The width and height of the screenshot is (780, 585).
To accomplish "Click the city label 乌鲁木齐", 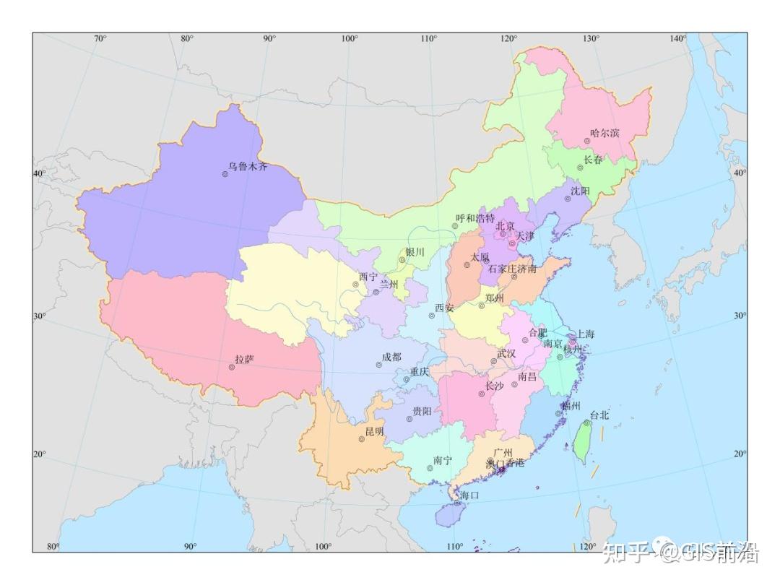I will coord(248,167).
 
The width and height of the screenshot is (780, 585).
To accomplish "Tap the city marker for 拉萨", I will coord(232,367).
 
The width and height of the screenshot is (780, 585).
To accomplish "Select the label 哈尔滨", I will coord(604,133).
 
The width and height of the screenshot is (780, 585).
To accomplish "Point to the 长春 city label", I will coord(593,160).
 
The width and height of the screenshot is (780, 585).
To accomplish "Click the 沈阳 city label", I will coord(580,191).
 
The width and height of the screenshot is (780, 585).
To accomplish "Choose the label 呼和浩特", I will coord(475,218).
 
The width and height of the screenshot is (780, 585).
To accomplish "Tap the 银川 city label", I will coord(415,252).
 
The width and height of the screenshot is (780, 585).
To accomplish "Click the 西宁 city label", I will coord(368,277).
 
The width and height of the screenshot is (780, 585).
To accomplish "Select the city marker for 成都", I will coord(378,365).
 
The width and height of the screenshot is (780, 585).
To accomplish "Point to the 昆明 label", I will coord(374,431).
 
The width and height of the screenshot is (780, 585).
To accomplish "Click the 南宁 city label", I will coord(443,460).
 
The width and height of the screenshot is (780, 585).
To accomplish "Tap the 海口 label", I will coord(469,495).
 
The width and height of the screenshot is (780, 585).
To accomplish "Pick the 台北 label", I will coord(599,415).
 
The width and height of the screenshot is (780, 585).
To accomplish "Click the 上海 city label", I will coord(585,334).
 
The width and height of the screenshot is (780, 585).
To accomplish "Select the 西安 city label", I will coord(444,308).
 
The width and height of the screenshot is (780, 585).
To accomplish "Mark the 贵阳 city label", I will coord(422,411).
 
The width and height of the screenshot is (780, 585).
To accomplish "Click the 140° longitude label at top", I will coord(678,38).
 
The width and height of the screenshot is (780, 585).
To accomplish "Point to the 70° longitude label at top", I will coord(100,38).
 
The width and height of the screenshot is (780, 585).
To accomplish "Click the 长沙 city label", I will coord(495,386).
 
